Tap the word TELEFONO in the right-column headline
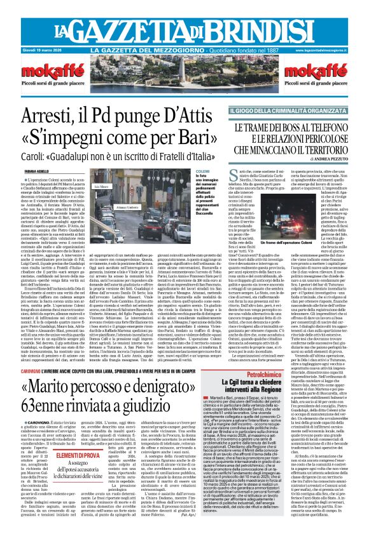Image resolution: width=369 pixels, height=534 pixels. (327, 127)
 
